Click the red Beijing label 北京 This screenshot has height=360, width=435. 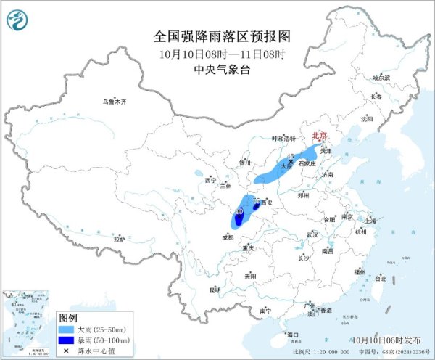pos(319,135)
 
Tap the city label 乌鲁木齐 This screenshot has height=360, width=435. pos(114,102)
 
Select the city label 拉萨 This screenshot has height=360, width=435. pos(120,238)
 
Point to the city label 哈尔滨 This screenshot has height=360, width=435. pos(381,77)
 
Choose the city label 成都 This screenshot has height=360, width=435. pos(228,237)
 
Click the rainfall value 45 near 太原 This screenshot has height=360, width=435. pos(290,156)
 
